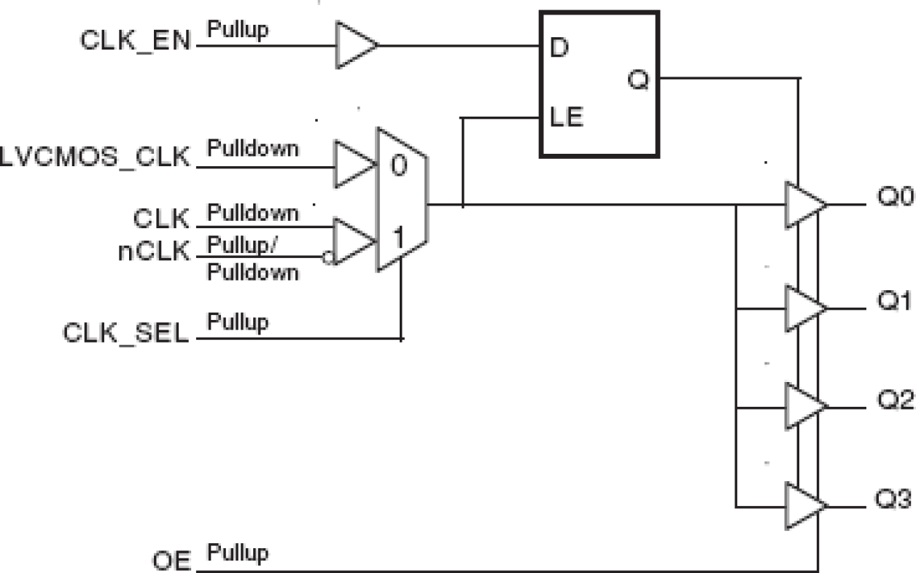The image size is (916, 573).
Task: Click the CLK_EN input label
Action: point(135,40)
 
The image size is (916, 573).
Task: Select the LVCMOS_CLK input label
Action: point(96,159)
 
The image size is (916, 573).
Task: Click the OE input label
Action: point(172,562)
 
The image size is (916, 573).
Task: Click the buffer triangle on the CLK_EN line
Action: point(354,45)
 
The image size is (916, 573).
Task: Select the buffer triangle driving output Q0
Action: point(804,205)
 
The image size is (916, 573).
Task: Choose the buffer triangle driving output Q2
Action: point(804,406)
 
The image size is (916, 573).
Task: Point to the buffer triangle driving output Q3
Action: point(804,505)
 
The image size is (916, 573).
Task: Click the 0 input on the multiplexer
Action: point(397,166)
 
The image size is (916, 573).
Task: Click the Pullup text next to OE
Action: point(238,552)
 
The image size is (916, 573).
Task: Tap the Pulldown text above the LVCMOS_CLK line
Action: point(253,149)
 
